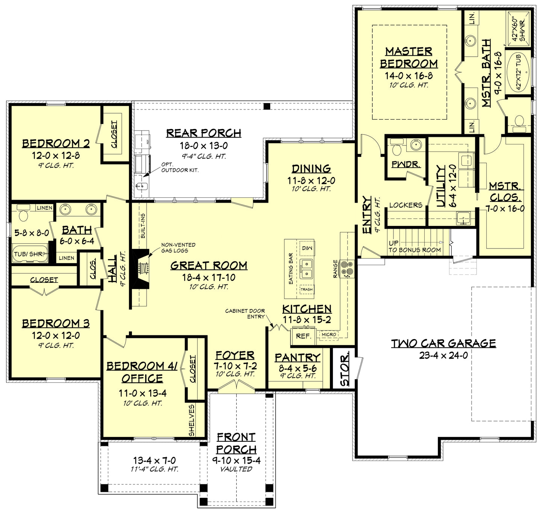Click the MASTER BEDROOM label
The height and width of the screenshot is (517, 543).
pos(408,57)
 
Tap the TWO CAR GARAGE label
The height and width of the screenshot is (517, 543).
pos(443,343)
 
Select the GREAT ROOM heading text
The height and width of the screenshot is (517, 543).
pos(209,265)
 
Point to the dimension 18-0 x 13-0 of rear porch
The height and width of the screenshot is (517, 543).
pos(204,146)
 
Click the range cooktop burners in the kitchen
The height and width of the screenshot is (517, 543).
pos(346,268)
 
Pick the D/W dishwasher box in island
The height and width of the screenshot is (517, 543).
pos(307,248)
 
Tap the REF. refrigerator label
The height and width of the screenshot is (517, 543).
pos(303,336)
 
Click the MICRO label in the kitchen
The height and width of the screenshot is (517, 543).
pos(329,334)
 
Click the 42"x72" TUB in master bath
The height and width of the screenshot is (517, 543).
pos(519,71)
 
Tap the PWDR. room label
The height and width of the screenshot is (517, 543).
pos(405,164)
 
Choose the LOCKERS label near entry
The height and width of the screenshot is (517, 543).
pos(405,205)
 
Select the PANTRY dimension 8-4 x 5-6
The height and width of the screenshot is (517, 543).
pos(297,368)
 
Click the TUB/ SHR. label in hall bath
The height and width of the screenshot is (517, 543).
pos(29,254)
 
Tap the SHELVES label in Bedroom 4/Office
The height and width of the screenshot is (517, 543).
pos(192,420)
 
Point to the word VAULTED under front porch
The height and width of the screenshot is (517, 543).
pos(236,469)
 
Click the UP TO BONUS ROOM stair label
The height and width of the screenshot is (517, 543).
pos(414,247)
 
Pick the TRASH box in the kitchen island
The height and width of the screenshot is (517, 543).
pos(307,289)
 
